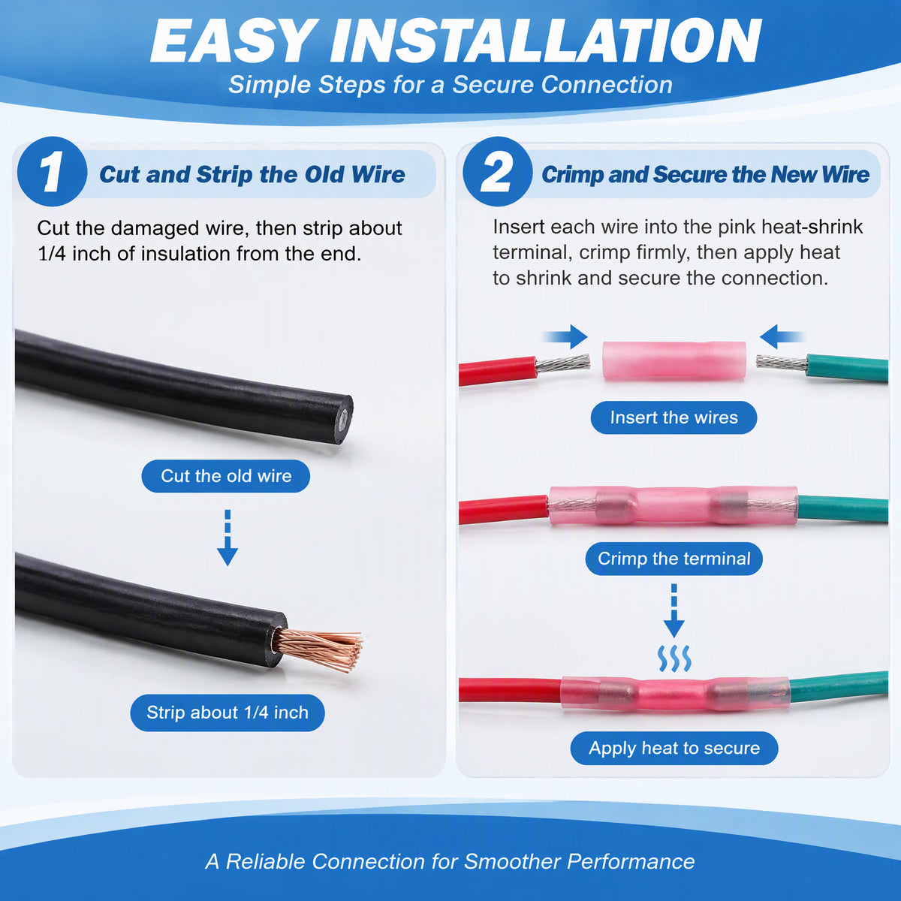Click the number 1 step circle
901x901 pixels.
[52, 172]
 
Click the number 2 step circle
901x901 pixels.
[498, 172]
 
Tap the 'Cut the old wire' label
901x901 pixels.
[226, 476]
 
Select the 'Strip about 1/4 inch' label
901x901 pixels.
[228, 713]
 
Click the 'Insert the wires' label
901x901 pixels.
[673, 417]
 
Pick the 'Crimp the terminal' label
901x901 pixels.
[673, 559]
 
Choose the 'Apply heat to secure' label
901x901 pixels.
[674, 748]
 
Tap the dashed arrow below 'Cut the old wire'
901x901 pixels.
[228, 538]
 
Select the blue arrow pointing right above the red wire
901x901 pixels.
[565, 336]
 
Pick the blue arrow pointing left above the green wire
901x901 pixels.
[782, 336]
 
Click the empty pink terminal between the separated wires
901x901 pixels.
[673, 361]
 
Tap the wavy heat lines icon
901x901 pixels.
[673, 659]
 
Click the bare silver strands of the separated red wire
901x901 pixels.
[563, 363]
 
